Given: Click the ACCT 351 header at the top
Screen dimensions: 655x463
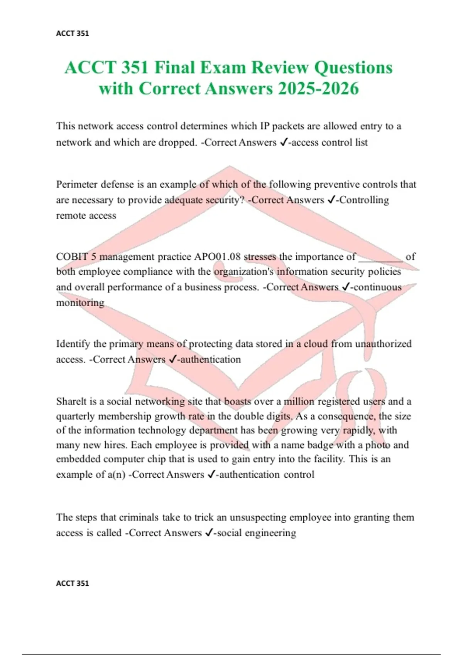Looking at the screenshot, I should coord(73,34).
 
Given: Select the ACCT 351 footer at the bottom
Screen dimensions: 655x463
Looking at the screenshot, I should coord(73,583).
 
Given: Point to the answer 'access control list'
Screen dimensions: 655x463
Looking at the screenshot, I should coord(330,143).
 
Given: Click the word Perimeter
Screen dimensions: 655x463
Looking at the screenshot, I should coord(77,185).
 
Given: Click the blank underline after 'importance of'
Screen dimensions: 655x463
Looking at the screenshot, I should coord(381,259).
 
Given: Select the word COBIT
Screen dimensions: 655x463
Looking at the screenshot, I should coord(72,257).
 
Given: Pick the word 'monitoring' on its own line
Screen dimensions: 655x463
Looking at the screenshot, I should coord(80,303).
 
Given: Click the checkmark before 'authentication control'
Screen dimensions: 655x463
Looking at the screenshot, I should coord(211,475).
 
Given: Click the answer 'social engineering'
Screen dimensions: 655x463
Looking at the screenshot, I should coord(257,533).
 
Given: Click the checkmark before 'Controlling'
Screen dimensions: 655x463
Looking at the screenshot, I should coord(331,200).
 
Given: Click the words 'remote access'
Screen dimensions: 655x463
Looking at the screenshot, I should coord(86,216).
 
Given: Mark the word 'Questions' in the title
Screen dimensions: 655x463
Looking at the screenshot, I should coord(353,67).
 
